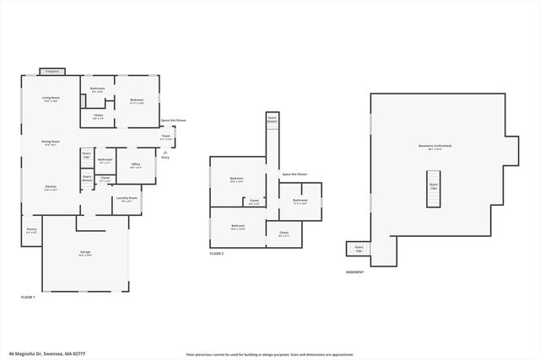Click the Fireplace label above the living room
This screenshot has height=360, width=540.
click(52, 72)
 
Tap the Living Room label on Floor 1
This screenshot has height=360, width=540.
click(51, 99)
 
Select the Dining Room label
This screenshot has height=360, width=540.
click(51, 142)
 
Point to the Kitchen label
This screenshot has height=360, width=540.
click(51, 188)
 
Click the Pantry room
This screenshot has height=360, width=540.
click(31, 231)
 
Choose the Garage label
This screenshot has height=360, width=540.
click(85, 253)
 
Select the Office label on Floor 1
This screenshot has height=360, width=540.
click(135, 165)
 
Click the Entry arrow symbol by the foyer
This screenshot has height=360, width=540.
click(165, 153)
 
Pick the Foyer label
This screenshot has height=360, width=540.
click(166, 137)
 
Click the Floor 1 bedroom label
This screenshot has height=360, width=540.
click(137, 101)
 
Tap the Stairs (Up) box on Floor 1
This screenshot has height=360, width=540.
click(86, 157)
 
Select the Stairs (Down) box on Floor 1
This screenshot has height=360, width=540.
click(87, 179)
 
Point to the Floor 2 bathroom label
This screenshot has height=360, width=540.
click(300, 201)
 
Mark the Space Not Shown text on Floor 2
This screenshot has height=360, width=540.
click(294, 175)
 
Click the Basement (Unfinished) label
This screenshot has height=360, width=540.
click(435, 147)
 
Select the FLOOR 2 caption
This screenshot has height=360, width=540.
click(217, 253)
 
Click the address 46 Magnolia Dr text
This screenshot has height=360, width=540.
click(46, 354)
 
